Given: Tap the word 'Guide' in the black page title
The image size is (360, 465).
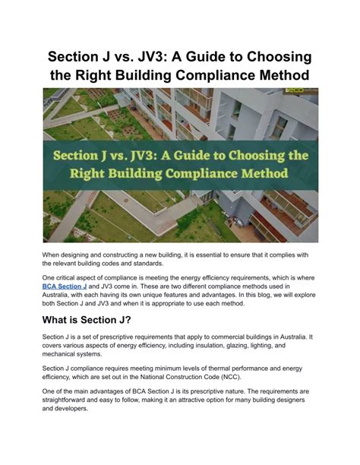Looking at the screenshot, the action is (x=211, y=59).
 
